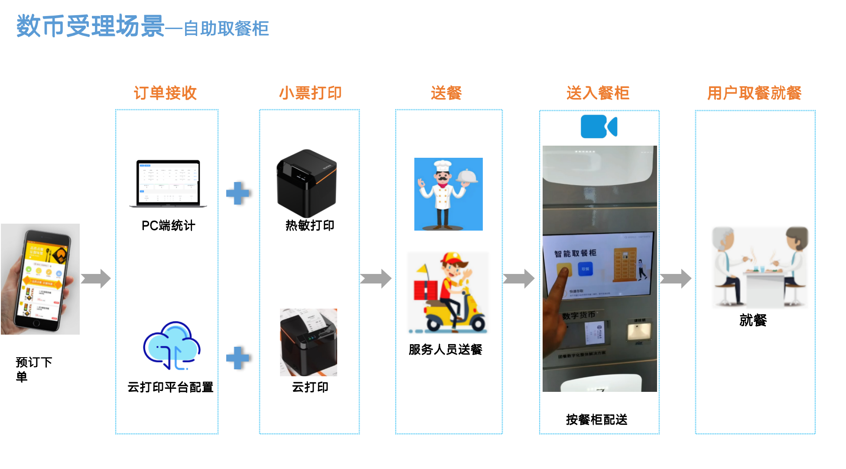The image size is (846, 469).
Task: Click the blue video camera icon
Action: [x=599, y=127]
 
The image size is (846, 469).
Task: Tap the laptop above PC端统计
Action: [x=168, y=183]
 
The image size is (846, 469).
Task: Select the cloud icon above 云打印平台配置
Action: [x=172, y=346]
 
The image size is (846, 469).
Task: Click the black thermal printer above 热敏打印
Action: [x=306, y=183]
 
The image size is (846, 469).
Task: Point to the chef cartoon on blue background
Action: [x=448, y=194]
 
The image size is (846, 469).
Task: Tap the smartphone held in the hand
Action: [x=40, y=279]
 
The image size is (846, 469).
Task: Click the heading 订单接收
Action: [x=165, y=93]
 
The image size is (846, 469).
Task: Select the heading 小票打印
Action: [x=310, y=93]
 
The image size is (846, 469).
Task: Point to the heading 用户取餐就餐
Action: [x=754, y=93]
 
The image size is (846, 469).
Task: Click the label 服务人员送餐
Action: [x=445, y=349]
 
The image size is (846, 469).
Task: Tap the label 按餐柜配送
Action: [x=596, y=419]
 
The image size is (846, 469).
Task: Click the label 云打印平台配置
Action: [x=170, y=387]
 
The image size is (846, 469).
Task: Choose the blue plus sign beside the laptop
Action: [x=238, y=193]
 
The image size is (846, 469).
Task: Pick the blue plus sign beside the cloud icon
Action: [x=238, y=358]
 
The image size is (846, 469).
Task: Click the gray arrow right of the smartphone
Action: [x=96, y=278]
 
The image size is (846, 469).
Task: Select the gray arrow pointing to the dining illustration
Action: [x=675, y=278]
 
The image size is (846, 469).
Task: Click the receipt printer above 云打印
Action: [x=308, y=342]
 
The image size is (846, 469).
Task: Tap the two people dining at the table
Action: [x=760, y=267]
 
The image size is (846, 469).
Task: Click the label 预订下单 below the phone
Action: [x=33, y=369]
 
